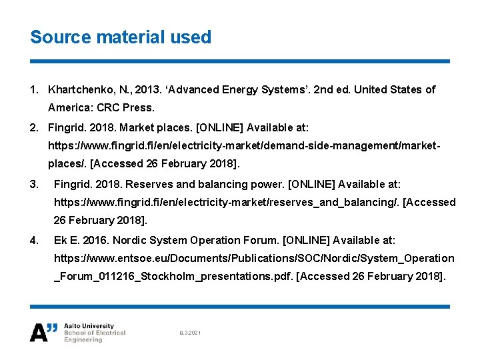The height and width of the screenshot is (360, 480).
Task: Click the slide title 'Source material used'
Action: click(121, 37)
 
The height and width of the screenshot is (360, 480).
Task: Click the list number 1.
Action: click(33, 89)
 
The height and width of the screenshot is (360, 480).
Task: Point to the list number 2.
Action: click(33, 127)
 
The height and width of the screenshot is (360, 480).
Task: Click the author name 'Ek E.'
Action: click(67, 240)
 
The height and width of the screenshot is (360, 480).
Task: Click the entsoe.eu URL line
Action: click(253, 258)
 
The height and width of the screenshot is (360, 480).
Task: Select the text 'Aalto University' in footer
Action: click(89, 327)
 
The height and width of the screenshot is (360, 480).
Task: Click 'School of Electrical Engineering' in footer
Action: click(94, 336)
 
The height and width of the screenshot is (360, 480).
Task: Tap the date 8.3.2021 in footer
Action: click(191, 332)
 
